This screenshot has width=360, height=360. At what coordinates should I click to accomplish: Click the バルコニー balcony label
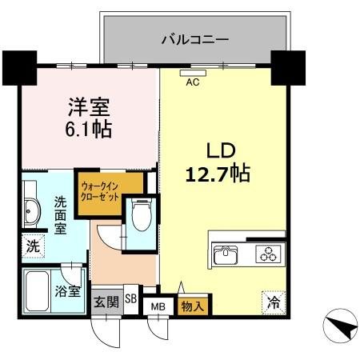(195, 38)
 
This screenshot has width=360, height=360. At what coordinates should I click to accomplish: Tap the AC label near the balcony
(193, 81)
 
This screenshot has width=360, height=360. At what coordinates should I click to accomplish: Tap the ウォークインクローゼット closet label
(100, 193)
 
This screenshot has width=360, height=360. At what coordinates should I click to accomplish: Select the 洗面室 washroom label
(60, 214)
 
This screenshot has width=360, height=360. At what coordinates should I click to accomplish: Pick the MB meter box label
(158, 306)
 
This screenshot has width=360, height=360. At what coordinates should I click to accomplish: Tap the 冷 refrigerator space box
(273, 302)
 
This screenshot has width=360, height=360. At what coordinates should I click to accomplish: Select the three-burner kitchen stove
(266, 256)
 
